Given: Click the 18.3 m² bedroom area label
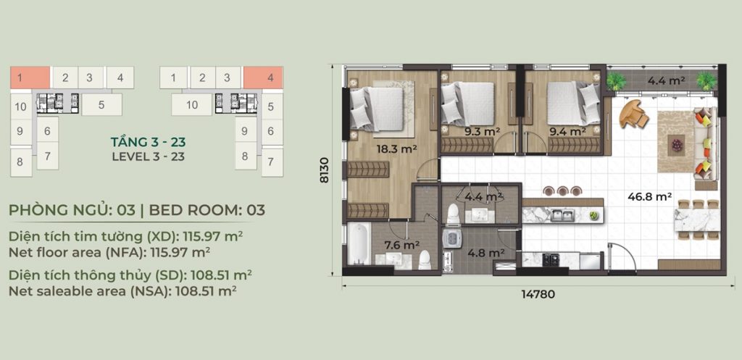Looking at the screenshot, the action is (396, 149).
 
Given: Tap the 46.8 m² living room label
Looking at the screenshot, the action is (650, 196).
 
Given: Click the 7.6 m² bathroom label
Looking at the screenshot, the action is (402, 245).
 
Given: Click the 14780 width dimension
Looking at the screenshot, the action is (538, 294).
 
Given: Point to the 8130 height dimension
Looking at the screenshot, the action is (325, 170).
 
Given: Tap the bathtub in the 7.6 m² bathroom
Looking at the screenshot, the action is (360, 245).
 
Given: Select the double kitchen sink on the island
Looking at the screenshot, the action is (562, 216).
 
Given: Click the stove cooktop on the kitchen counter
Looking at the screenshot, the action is (549, 259).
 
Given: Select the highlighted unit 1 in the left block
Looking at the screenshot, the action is (30, 77).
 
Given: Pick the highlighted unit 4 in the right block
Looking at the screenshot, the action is (263, 77).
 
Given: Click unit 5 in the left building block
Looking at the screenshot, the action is (101, 104).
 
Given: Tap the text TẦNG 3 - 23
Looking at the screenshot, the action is (148, 141).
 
